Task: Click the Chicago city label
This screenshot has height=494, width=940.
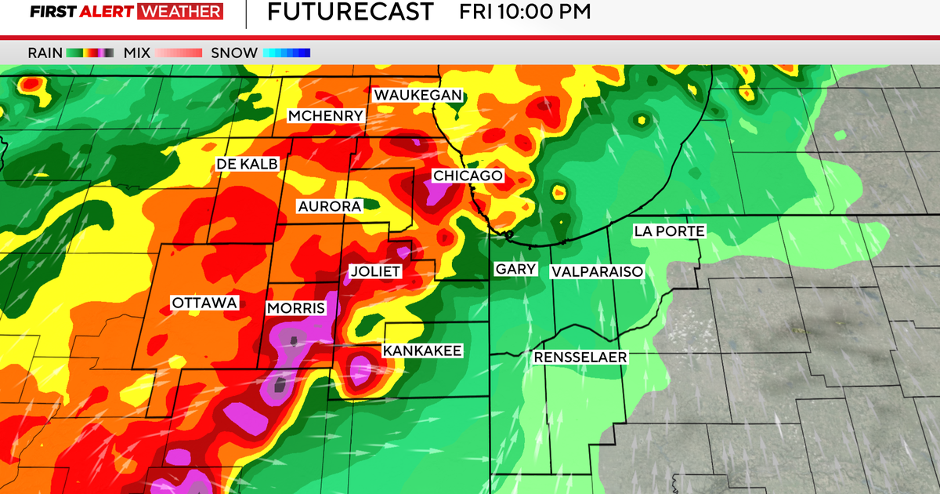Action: click(468, 176)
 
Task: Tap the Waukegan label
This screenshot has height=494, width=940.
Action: click(418, 95)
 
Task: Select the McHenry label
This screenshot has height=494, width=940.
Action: click(325, 116)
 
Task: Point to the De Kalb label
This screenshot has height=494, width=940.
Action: click(247, 164)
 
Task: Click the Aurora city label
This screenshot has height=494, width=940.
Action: click(329, 206)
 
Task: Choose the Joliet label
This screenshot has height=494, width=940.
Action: click(374, 271)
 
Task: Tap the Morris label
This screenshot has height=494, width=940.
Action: click(295, 308)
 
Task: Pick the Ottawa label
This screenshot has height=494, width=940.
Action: click(204, 303)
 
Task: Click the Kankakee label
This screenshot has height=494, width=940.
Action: click(422, 351)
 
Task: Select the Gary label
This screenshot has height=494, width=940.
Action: click(515, 269)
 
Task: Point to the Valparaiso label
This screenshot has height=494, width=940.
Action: click(597, 271)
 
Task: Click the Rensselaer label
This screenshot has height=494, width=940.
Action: click(580, 358)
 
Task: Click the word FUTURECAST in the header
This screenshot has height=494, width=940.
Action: click(350, 12)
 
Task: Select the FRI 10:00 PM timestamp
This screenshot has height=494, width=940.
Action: click(524, 12)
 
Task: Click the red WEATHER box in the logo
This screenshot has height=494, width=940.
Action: click(179, 12)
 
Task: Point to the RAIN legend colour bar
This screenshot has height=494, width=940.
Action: click(89, 53)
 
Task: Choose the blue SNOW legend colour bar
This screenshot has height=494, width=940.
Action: click(287, 53)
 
